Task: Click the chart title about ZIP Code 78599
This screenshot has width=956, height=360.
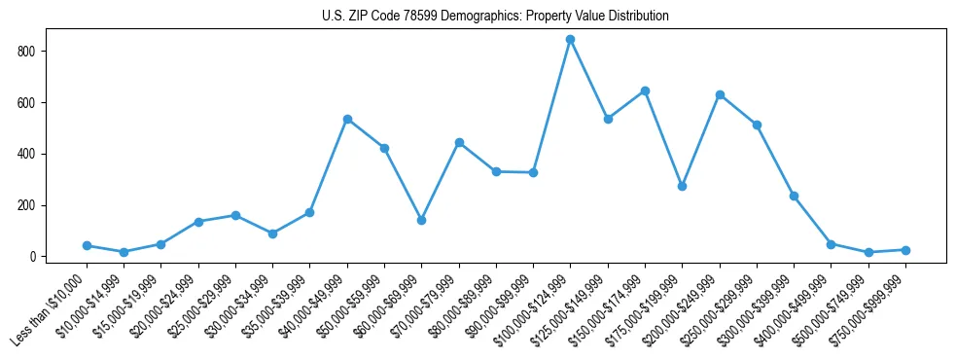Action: pos(495,17)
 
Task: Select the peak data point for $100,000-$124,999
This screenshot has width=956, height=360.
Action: pos(571,40)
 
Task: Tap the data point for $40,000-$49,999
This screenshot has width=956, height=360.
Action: pos(347,119)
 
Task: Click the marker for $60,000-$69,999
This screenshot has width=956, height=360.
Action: pos(421,220)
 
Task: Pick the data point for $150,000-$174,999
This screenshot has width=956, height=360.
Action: pos(645,90)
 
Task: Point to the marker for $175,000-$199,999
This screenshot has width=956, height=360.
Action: pos(682,186)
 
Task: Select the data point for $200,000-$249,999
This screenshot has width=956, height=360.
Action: pos(720,94)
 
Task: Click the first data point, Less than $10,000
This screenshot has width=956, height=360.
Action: pos(87,245)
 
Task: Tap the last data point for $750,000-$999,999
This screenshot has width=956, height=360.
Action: pos(905,250)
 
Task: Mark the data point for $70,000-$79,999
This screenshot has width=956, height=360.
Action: pos(459,142)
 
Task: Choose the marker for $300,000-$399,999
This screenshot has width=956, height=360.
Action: pos(794,196)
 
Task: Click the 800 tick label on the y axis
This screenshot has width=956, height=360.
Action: pos(32,51)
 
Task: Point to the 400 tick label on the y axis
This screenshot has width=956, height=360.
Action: pos(32,154)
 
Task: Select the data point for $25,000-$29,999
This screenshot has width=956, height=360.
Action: pos(235,215)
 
